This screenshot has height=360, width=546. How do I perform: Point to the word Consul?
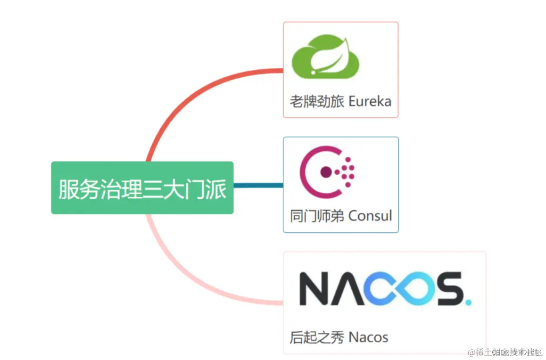pyautogui.click(x=370, y=216)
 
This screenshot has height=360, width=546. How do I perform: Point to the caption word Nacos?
pyautogui.click(x=368, y=337)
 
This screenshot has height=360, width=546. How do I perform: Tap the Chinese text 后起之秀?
pyautogui.click(x=317, y=337)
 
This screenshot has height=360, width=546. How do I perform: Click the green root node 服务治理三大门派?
pyautogui.click(x=142, y=188)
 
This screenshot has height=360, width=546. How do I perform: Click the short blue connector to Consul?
pyautogui.click(x=258, y=185)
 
